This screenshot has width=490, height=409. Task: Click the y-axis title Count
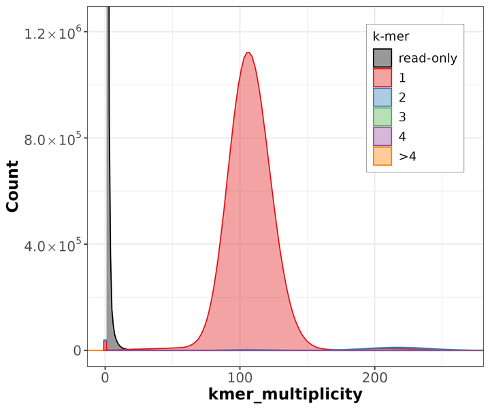coord(12,186)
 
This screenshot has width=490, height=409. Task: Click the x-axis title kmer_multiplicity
coord(284,394)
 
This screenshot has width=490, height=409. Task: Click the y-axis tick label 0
coord(76,350)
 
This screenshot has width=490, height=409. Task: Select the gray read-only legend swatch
coord(382,58)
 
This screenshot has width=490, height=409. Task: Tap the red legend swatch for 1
coord(382,78)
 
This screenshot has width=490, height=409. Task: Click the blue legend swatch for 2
coord(382,97)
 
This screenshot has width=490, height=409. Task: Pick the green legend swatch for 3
coord(382,117)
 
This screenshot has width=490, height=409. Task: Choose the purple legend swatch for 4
coord(382,137)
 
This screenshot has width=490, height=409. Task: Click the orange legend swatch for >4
coord(382,157)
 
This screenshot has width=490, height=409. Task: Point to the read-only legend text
coord(427,58)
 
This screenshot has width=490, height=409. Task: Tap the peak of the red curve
coord(248,53)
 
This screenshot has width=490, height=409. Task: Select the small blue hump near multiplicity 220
coord(398,348)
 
